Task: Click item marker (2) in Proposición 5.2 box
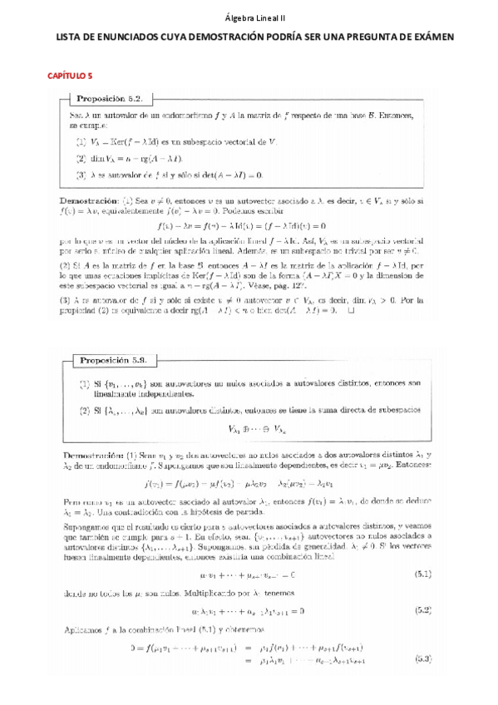pos(81,157)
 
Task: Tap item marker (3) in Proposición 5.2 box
pos(81,175)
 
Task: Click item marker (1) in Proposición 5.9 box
pos(85,383)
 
